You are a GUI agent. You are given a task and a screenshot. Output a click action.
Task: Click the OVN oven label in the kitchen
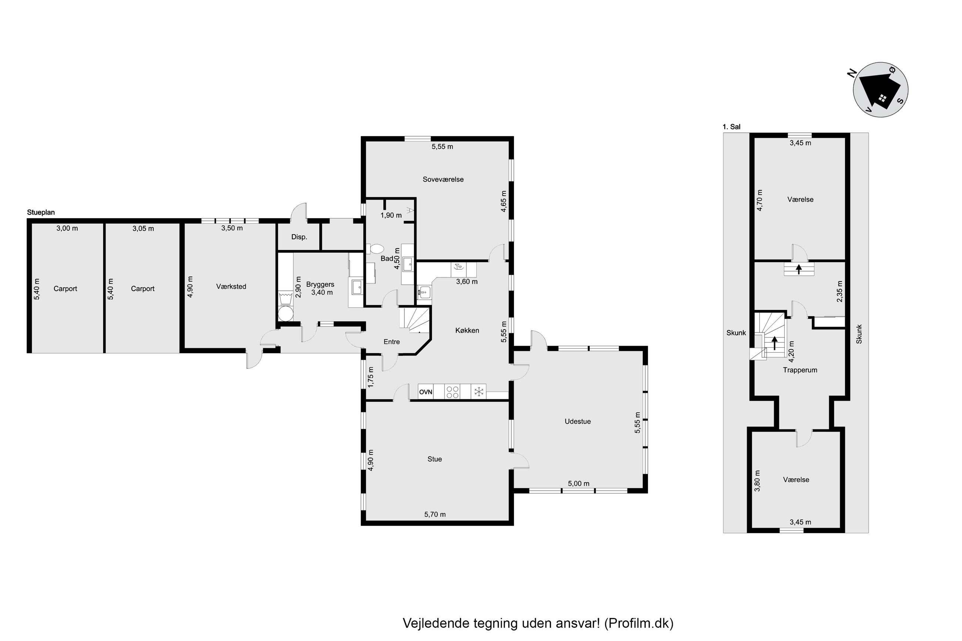pyautogui.click(x=425, y=392)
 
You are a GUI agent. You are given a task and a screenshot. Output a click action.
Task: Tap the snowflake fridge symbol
pyautogui.click(x=479, y=392)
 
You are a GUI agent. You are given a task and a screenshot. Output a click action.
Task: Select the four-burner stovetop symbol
pyautogui.click(x=452, y=392)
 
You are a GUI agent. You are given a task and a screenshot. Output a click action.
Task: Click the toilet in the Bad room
pyautogui.click(x=376, y=249)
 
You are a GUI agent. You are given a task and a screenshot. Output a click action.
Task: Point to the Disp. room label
pyautogui.click(x=299, y=237)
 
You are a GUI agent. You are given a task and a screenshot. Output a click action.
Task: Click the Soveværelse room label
pyautogui.click(x=443, y=179)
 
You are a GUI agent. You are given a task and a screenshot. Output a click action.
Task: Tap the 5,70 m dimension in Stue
pyautogui.click(x=435, y=514)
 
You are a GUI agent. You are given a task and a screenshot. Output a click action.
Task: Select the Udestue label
pyautogui.click(x=578, y=421)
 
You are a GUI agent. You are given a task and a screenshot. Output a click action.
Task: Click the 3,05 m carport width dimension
pyautogui.click(x=143, y=229)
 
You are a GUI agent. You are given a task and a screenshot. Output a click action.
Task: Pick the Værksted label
pyautogui.click(x=231, y=287)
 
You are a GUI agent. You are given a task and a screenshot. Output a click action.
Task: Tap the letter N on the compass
pyautogui.click(x=852, y=73)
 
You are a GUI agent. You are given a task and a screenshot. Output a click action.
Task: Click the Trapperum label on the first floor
pyautogui.click(x=800, y=370)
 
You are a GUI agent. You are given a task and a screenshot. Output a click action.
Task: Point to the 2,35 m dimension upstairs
pyautogui.click(x=840, y=291)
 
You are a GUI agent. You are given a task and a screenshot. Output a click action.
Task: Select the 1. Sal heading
pyautogui.click(x=731, y=127)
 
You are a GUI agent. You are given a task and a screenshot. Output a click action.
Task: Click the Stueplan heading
pyautogui.click(x=41, y=213)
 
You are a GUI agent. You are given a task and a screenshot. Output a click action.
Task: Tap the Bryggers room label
pyautogui.click(x=320, y=284)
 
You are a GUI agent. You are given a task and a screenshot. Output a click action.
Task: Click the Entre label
pyautogui.click(x=392, y=342)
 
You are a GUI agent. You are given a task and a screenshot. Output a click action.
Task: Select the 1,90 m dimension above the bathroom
pyautogui.click(x=391, y=215)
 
